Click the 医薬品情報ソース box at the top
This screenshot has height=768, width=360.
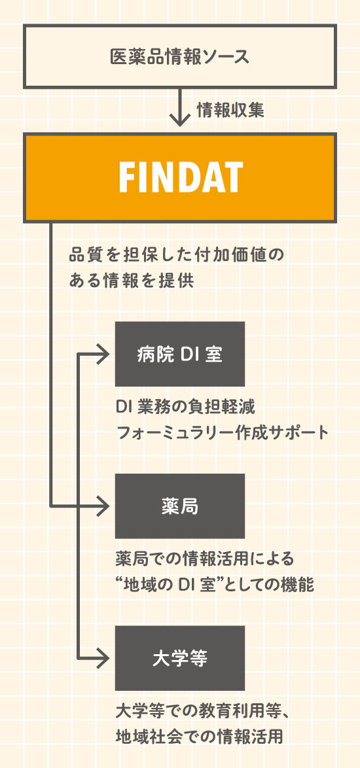(180, 57)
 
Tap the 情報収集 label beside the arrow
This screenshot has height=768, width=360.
(230, 110)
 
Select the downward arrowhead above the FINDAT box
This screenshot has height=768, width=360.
(180, 120)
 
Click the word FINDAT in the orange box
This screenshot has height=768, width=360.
(181, 177)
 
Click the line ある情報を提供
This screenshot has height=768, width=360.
(132, 281)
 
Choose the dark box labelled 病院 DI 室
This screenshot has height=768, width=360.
(180, 354)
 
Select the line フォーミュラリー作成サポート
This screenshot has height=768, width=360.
(222, 432)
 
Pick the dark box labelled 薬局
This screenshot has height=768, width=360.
(180, 506)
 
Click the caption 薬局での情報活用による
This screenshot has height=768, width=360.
(205, 559)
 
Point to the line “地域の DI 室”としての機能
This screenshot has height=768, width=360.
(215, 584)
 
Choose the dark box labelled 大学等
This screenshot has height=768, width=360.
(180, 658)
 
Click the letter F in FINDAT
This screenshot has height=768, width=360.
(126, 177)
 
